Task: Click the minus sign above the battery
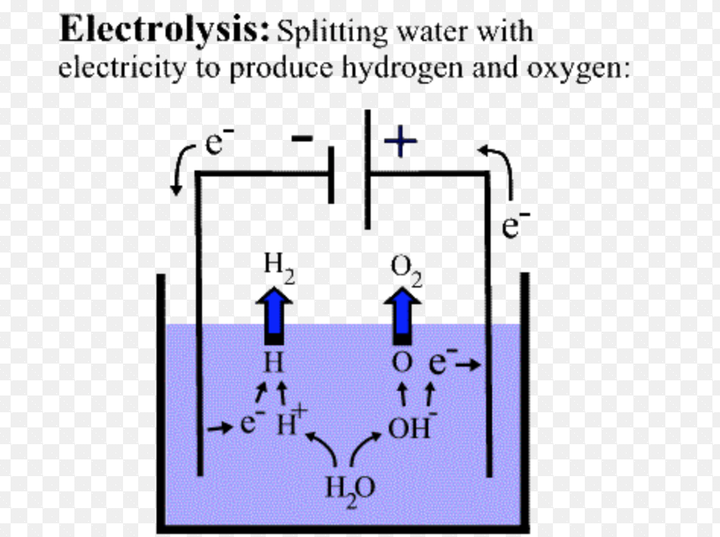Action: (302, 138)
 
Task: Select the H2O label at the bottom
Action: (350, 488)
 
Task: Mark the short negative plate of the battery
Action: (331, 175)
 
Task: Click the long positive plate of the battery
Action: (368, 169)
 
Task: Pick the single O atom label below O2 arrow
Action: (402, 363)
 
